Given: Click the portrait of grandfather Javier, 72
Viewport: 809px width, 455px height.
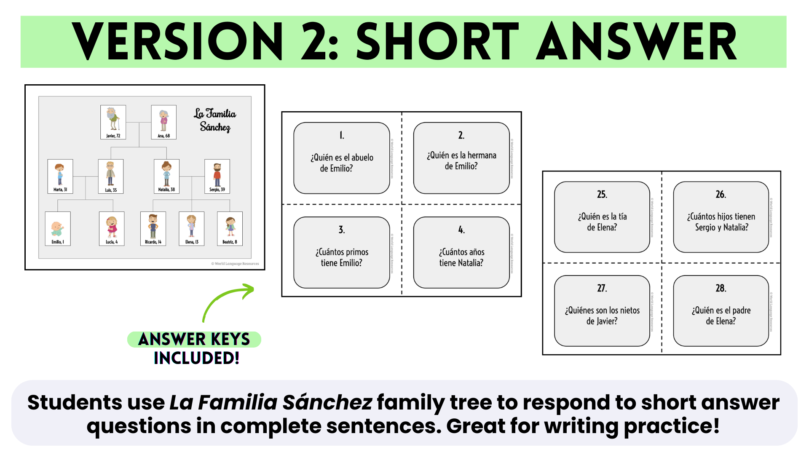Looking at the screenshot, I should coord(113,122).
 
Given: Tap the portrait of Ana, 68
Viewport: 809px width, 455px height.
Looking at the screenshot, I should coord(163,122).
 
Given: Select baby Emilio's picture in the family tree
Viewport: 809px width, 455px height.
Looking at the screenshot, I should coord(58,228).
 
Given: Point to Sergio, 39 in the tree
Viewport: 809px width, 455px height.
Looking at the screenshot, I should coord(217,176).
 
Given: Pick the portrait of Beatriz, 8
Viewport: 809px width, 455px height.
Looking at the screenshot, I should coord(230,228).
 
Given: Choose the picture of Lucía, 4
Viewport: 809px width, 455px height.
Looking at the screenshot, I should coord(112,228).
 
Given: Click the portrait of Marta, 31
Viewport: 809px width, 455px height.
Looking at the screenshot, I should coord(60,176).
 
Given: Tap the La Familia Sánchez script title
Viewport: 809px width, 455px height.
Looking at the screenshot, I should coord(215,120).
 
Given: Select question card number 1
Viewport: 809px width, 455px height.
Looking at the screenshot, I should coord(342,158).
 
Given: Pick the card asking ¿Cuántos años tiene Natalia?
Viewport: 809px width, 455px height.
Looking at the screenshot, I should coord(461,252).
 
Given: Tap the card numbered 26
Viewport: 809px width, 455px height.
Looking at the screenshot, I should coord(721,217).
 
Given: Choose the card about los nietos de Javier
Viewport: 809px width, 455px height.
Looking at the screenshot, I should coord(602,311).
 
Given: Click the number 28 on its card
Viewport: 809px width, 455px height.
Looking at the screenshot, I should coord(721,288).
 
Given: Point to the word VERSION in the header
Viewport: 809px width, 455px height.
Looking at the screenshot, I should coord(177,42).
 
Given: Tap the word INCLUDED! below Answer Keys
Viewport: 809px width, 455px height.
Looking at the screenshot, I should coord(196,358).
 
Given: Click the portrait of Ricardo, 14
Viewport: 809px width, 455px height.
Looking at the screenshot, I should coord(153,228).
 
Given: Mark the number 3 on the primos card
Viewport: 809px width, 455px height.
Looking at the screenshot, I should coord(342,230).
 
